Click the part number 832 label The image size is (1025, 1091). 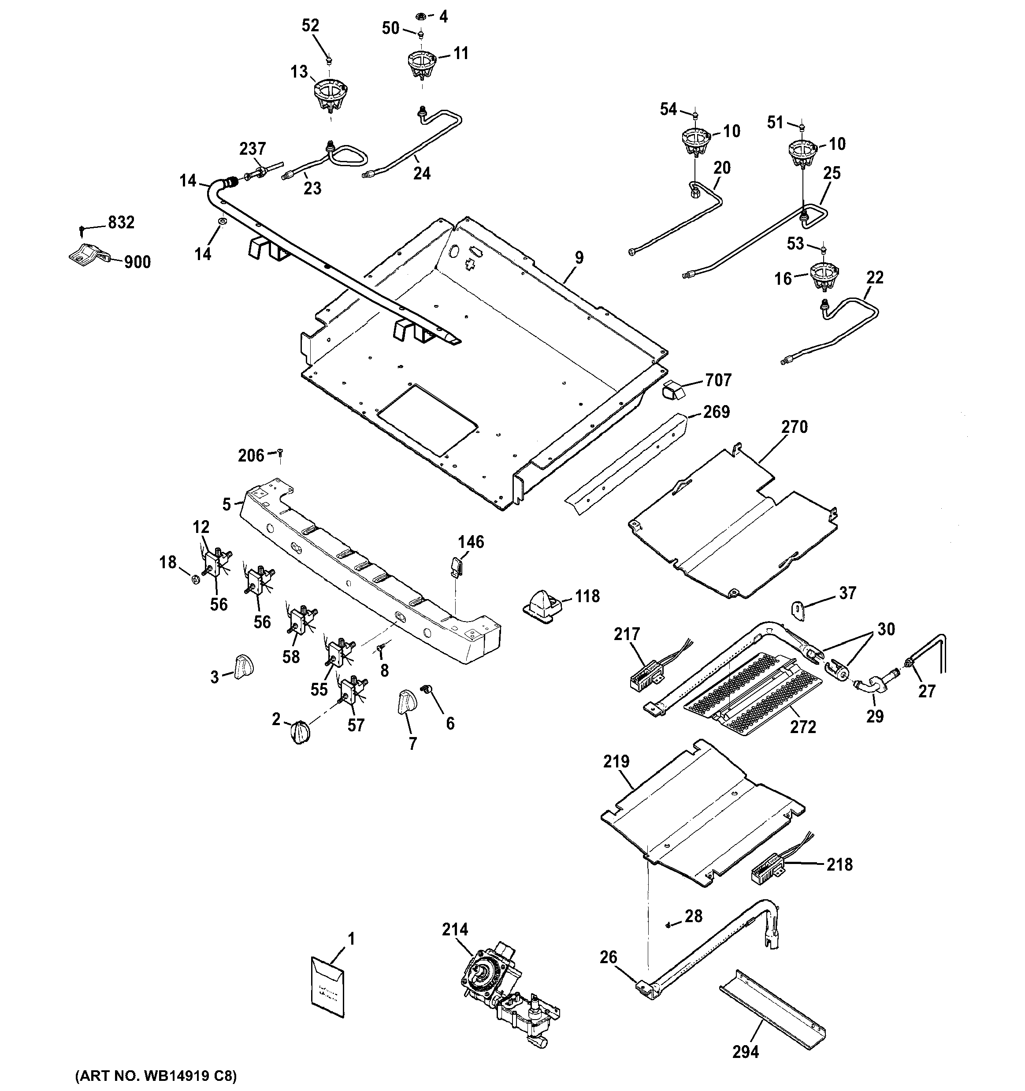click(121, 222)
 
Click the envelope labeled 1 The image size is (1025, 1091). click(327, 989)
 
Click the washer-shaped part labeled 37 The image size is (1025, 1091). click(797, 610)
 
